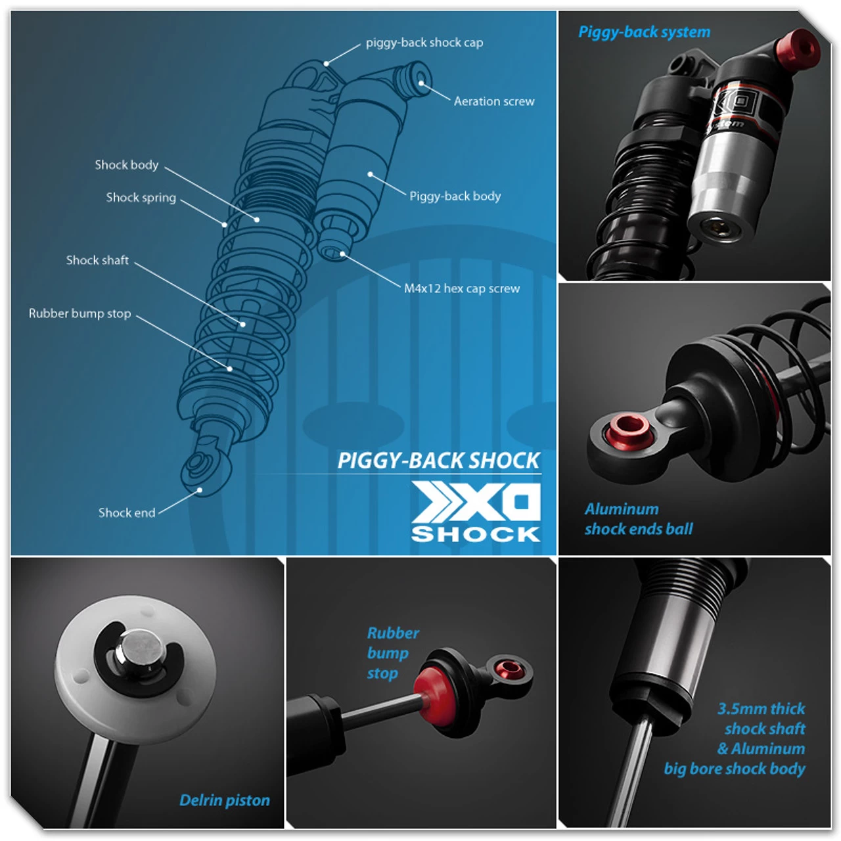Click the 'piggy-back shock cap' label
click(x=424, y=43)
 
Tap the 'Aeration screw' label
click(x=494, y=101)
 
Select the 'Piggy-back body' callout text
click(x=455, y=196)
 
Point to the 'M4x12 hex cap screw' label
click(x=461, y=288)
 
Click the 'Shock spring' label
click(x=141, y=198)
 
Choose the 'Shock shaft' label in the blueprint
click(x=97, y=260)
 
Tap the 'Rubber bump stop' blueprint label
click(x=80, y=313)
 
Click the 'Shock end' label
click(x=127, y=512)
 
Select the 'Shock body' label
click(x=126, y=165)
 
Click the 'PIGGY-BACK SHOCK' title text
click(x=438, y=461)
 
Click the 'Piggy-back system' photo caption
click(x=644, y=32)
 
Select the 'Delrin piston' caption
click(x=225, y=800)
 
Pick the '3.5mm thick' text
click(x=761, y=709)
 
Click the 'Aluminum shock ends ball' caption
click(x=638, y=519)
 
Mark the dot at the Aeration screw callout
click(x=421, y=83)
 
